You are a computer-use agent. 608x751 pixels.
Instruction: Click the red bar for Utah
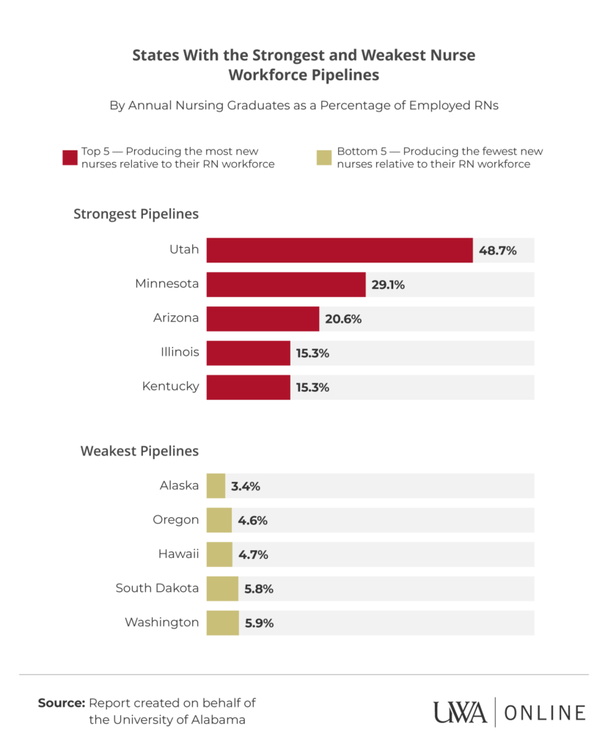click(339, 250)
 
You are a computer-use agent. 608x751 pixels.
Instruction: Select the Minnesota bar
click(286, 285)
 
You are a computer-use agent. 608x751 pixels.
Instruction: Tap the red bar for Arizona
click(263, 319)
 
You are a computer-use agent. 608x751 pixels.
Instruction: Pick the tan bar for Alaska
click(216, 486)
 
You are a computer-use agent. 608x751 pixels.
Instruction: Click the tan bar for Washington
click(222, 623)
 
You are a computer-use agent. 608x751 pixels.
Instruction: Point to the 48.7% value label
click(497, 250)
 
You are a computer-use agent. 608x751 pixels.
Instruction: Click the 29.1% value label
click(388, 285)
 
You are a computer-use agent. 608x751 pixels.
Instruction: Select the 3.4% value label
click(246, 486)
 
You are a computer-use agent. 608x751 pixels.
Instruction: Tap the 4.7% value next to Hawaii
click(252, 554)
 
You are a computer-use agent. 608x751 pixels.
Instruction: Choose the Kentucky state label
click(170, 386)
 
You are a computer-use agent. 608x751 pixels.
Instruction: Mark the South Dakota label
click(157, 588)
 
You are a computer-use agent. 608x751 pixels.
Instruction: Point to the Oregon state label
click(175, 520)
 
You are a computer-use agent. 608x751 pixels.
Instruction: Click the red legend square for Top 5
click(70, 158)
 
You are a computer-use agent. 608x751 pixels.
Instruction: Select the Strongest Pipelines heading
click(136, 214)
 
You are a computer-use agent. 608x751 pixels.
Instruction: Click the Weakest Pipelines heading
click(139, 450)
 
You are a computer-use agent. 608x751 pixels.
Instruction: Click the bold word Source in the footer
click(62, 703)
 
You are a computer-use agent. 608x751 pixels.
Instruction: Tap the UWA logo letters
click(460, 712)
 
